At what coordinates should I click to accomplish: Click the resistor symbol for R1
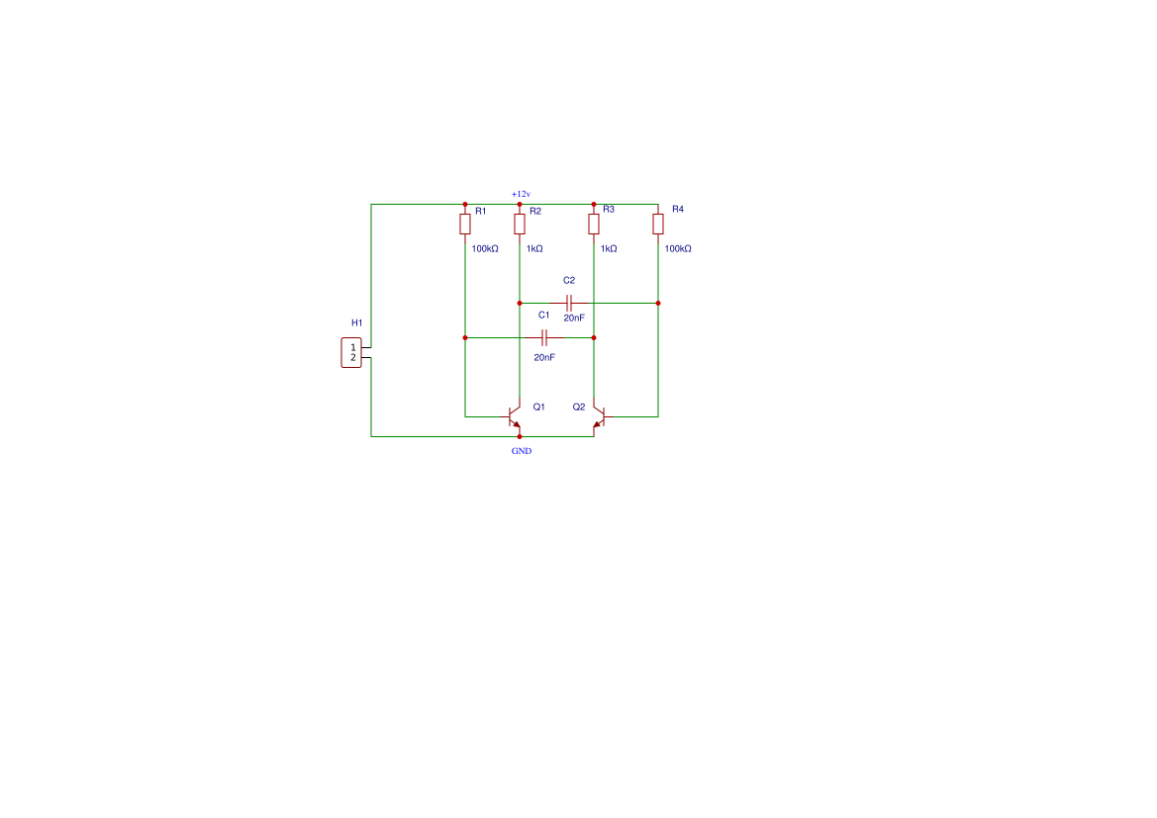coord(465,224)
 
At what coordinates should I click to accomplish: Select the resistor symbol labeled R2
coord(520,224)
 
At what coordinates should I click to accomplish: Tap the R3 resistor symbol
coord(593,224)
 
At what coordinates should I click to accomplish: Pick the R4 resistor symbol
coord(658,224)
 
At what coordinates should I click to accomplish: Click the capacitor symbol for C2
coord(569,303)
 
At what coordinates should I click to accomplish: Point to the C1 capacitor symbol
coord(544,338)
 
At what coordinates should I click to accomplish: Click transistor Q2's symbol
coord(602,416)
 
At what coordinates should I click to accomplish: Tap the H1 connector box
coord(352,352)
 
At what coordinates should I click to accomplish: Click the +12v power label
coord(521,194)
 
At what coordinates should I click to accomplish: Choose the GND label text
coord(522,451)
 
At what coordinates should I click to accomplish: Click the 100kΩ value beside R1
coord(485,248)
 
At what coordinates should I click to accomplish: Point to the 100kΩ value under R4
coord(678,248)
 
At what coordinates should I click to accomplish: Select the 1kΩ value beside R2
coord(535,248)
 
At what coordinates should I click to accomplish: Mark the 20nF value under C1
coord(544,357)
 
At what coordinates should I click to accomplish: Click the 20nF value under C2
coord(574,318)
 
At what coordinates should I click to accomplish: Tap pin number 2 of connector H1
coord(353,358)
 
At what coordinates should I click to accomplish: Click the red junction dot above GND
coord(520,436)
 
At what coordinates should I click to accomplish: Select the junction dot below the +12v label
coord(520,205)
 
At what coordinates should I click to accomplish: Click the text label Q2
coord(579,407)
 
